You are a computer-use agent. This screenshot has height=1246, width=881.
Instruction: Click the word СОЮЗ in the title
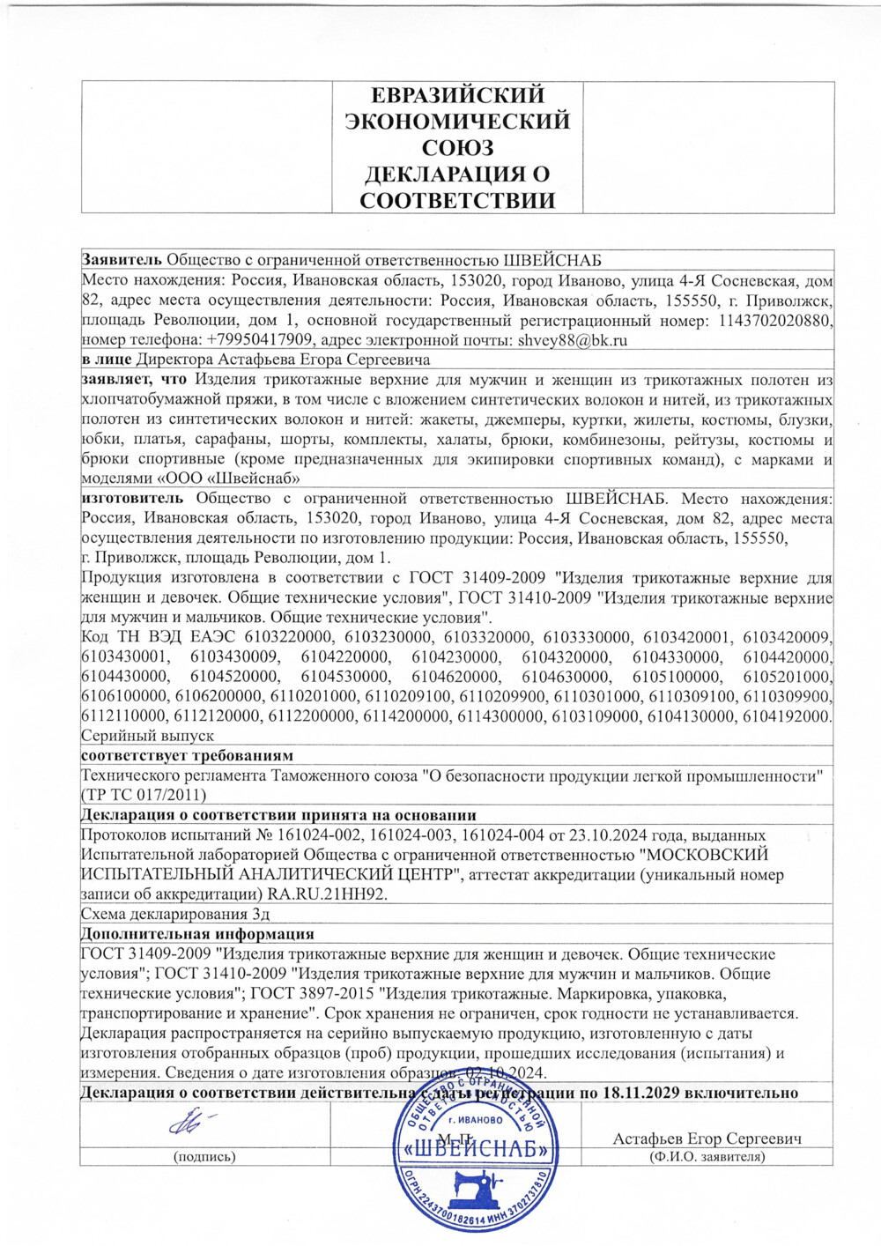coord(457,147)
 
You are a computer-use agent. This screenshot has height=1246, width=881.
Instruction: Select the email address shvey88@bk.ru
coord(573,340)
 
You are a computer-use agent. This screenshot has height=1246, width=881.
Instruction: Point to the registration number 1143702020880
coord(775,321)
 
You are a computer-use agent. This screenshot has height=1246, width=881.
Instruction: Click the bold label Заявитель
coord(122,260)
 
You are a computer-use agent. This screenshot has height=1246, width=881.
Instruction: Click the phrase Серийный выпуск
coord(147,736)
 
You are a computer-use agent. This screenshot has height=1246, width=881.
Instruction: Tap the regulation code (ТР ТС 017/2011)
coord(144,795)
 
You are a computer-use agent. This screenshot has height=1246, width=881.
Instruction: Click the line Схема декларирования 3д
coord(175,914)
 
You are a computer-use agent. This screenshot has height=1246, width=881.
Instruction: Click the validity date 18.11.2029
coord(640,1093)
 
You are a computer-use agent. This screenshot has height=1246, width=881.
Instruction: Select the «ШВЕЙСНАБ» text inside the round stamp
coord(476,1149)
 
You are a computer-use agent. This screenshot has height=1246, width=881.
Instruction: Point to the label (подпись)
coord(204,1157)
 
